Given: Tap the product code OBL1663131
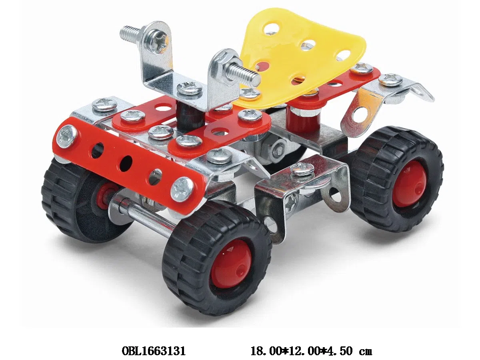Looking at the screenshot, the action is coord(154,351).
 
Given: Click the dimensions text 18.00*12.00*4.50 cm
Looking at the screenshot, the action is coord(311,351).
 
